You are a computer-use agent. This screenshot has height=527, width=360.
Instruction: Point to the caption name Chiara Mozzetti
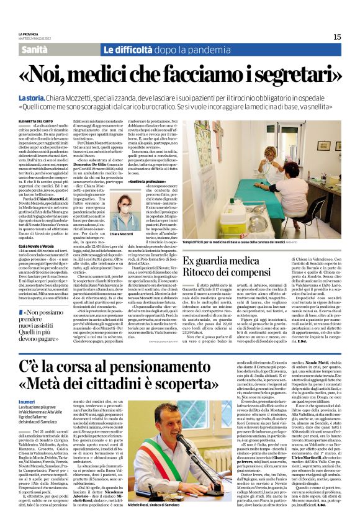[121, 234]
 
